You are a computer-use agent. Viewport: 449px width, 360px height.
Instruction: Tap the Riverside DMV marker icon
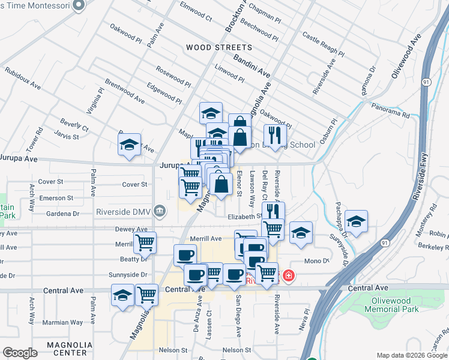pos(160,211)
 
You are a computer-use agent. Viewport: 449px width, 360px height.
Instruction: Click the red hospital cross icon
pos(289,276)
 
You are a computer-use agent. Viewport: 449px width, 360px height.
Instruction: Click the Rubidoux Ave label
pos(22,78)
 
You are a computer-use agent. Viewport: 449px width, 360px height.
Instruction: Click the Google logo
pos(20,353)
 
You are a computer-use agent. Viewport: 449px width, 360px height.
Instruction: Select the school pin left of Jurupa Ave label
pos(129,145)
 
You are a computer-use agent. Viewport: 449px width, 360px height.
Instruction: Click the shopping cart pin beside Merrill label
pos(145,243)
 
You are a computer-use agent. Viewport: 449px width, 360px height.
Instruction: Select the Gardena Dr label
pos(59,214)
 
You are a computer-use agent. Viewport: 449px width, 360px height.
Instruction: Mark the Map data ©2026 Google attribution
pos(412,355)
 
